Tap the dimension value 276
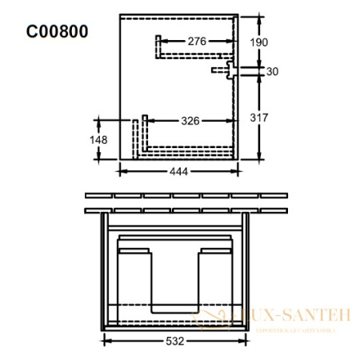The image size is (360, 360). pyautogui.click(x=197, y=41)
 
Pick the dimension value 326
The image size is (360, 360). pyautogui.click(x=190, y=121)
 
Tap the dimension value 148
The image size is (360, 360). pyautogui.click(x=98, y=140)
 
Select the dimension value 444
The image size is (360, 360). pyautogui.click(x=179, y=173)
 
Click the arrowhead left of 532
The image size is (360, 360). pyautogui.click(x=106, y=340)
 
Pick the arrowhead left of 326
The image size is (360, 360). pyautogui.click(x=151, y=121)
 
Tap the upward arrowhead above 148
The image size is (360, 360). pyautogui.click(x=100, y=120)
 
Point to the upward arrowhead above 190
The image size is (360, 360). pyautogui.click(x=261, y=18)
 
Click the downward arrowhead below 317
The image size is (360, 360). pyautogui.click(x=261, y=155)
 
